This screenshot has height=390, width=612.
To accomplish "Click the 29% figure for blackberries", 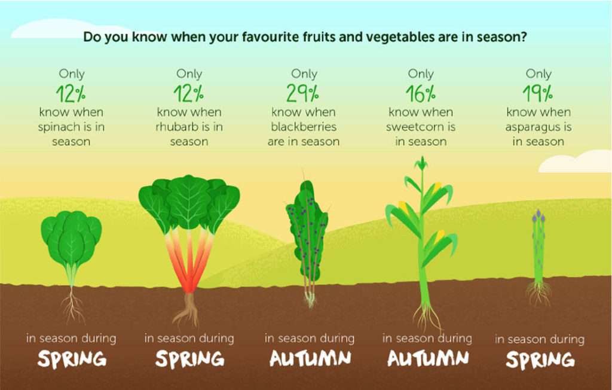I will pyautogui.click(x=304, y=95).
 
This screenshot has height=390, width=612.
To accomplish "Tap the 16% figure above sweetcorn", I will pyautogui.click(x=421, y=95).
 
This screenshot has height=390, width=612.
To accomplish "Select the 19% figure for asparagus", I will pyautogui.click(x=538, y=95).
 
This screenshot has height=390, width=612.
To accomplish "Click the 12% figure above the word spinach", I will pyautogui.click(x=71, y=95).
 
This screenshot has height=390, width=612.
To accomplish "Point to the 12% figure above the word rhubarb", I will pyautogui.click(x=189, y=95).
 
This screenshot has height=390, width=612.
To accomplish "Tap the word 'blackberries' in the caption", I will pyautogui.click(x=304, y=127).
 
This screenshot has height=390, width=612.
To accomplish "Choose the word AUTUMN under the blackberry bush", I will pyautogui.click(x=309, y=358).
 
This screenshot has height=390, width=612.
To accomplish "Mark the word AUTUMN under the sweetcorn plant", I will pyautogui.click(x=427, y=358).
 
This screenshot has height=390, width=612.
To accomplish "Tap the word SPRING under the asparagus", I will pyautogui.click(x=540, y=359).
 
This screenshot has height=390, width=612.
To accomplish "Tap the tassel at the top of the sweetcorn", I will pyautogui.click(x=422, y=163).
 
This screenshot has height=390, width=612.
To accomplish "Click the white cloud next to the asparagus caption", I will pyautogui.click(x=576, y=162).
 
